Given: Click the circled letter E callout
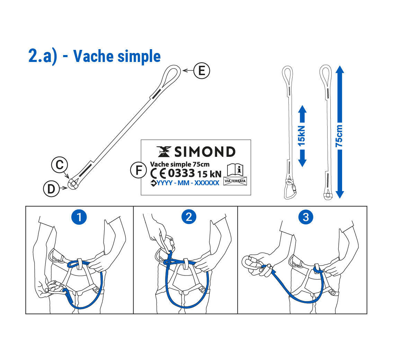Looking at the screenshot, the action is [202, 71].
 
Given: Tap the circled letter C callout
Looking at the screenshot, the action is [60, 165].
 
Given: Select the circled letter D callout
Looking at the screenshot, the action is [51, 189].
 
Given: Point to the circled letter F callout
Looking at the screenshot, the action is [139, 170].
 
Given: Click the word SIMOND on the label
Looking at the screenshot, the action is [205, 152].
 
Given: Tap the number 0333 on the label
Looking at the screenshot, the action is [181, 173].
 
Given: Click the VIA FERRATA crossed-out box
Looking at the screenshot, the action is [235, 181].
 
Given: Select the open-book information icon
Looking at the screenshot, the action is [235, 170].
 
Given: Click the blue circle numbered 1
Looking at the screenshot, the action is [79, 217].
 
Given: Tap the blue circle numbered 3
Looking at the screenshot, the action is [306, 217].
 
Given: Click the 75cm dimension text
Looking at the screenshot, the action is [339, 136].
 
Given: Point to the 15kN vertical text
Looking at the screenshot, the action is [302, 136].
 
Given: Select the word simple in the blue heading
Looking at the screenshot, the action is [139, 57].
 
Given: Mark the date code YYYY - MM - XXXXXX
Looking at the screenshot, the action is [188, 183].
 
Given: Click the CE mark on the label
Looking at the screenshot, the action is [158, 174].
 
